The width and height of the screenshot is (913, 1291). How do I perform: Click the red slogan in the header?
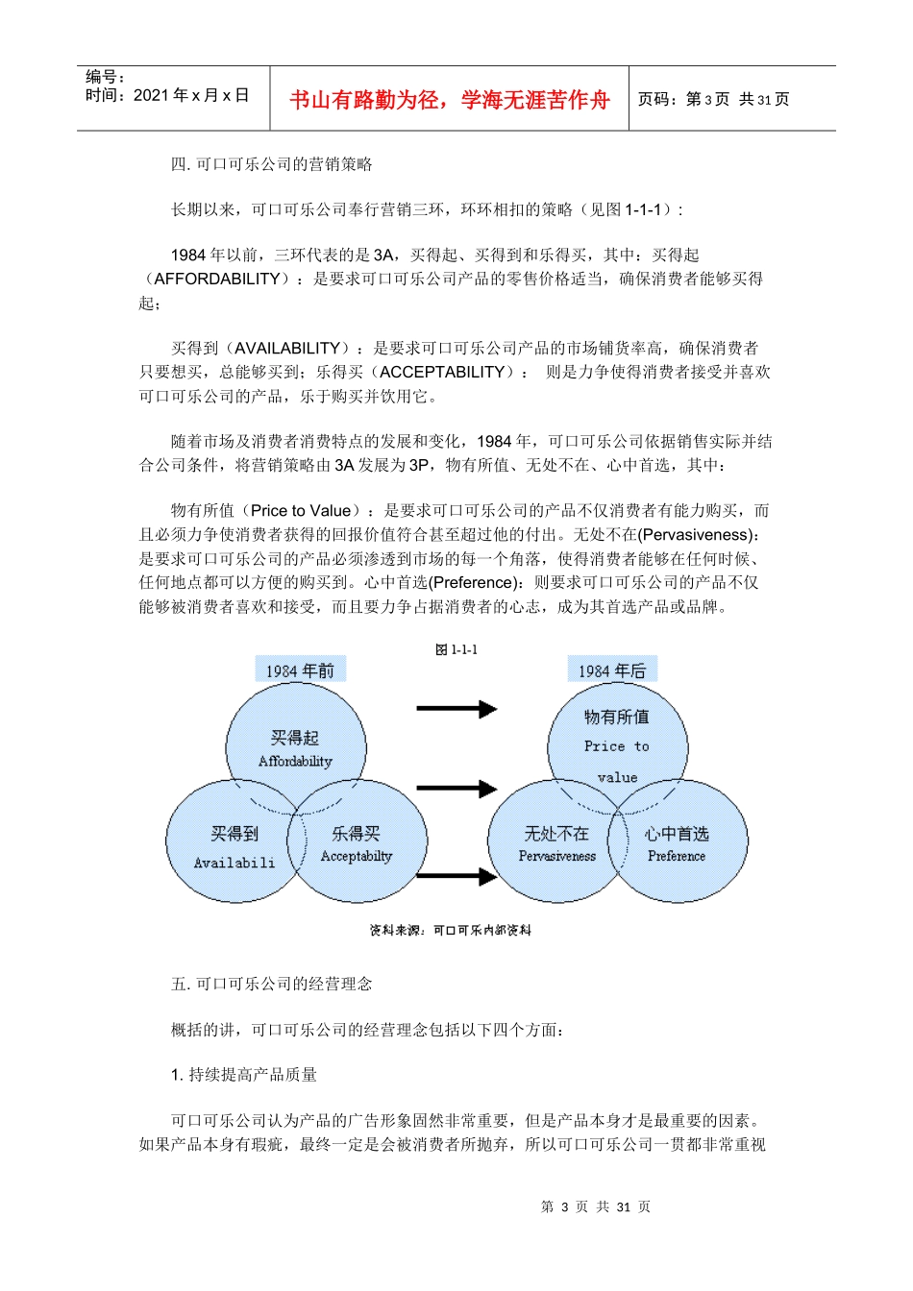pos(449,100)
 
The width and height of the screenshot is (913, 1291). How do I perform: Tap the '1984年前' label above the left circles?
pos(300,670)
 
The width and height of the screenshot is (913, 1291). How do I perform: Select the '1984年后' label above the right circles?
pos(611,670)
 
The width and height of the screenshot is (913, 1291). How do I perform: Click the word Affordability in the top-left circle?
pos(295,762)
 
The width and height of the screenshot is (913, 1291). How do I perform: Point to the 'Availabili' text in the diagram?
pos(234,863)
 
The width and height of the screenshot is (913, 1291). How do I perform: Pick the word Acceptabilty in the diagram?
pos(357,856)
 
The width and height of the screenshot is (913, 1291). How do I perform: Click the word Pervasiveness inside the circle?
pos(557,856)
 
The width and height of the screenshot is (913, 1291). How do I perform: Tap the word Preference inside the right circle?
pos(677,856)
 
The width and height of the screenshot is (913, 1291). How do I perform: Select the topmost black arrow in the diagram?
pos(456,709)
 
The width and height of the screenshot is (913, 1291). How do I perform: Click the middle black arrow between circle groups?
pos(456,789)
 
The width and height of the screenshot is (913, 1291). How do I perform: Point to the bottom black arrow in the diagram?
pos(456,875)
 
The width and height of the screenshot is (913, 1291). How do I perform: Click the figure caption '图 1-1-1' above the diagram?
pos(456,650)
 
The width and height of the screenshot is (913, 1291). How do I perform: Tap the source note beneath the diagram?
pos(451,930)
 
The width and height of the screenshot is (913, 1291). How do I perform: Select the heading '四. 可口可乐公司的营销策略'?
pos(272,164)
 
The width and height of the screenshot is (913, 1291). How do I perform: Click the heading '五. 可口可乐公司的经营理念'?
pos(272,984)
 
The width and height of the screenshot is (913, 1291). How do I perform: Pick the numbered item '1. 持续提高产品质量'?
pos(244,1075)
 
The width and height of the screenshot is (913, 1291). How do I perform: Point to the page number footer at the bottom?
pos(596,1206)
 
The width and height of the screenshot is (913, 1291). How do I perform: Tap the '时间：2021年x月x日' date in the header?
pos(167,95)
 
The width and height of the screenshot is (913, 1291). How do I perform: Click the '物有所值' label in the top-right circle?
pos(616,717)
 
